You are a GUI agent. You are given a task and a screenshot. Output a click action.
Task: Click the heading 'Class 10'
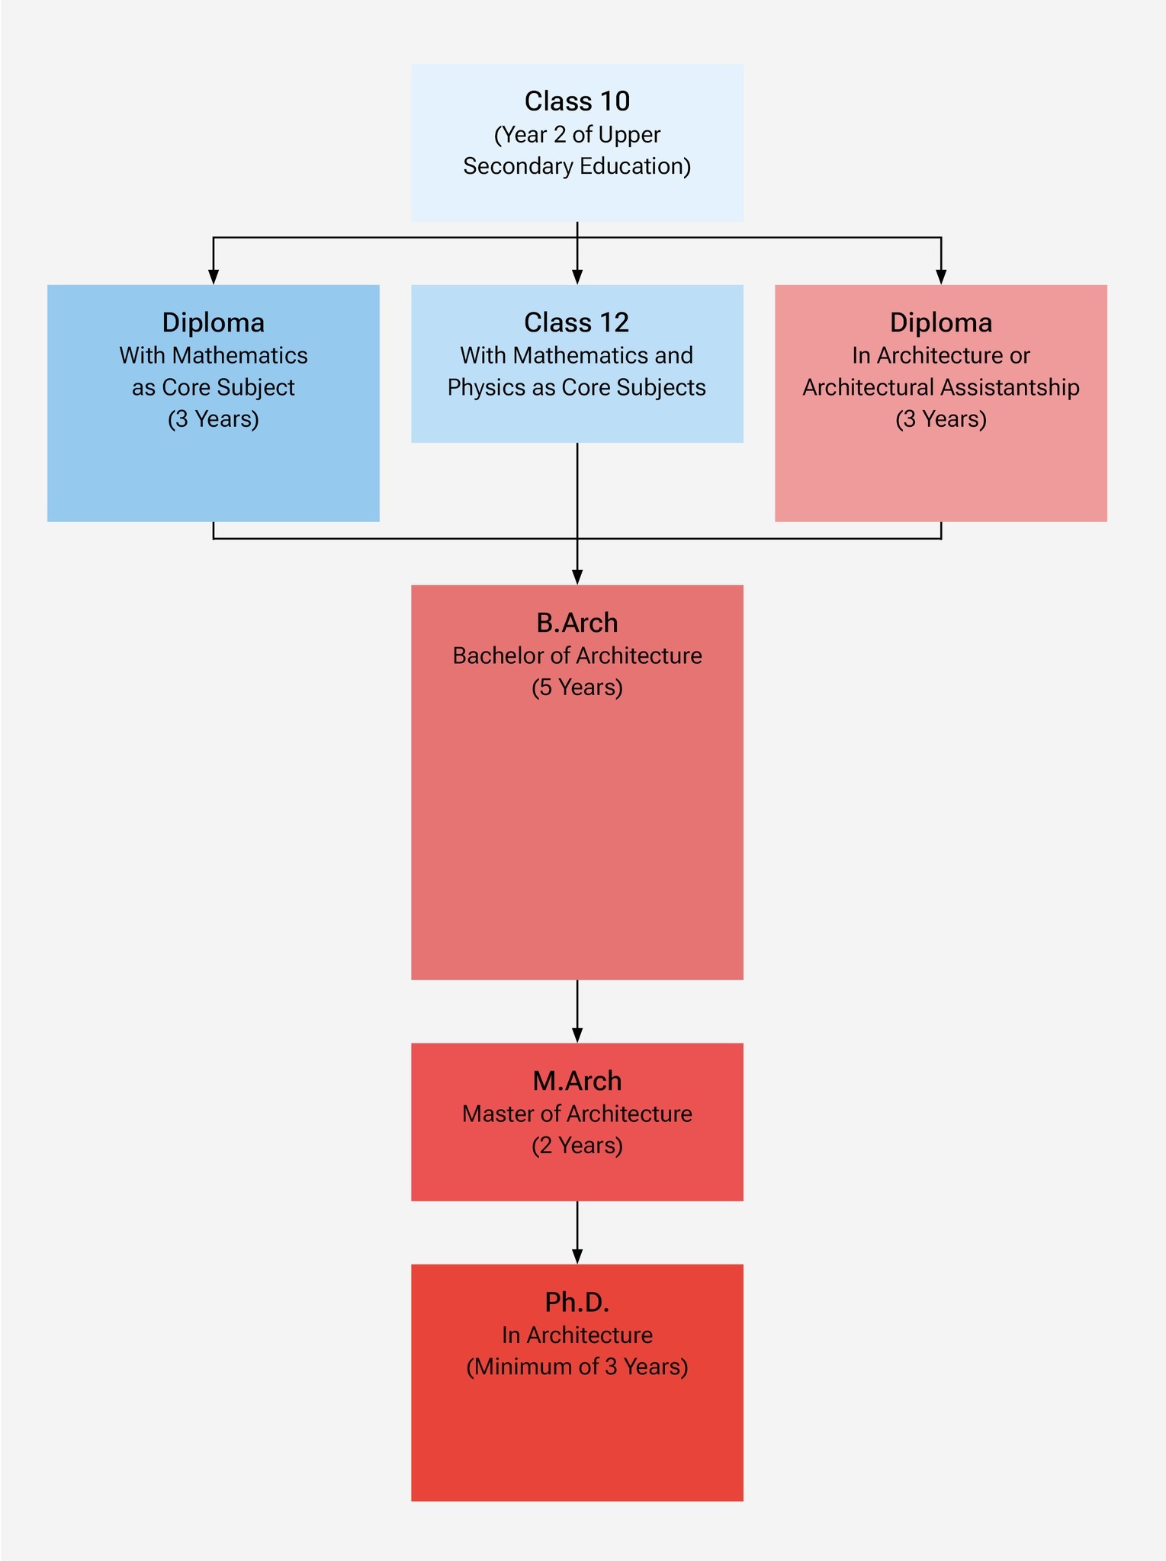[x=577, y=101]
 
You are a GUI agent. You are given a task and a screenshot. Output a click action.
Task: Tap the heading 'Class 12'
[x=577, y=322]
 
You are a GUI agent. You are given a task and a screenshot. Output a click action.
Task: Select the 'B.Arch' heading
[x=577, y=623]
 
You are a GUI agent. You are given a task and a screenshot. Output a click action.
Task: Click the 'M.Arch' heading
[x=577, y=1081]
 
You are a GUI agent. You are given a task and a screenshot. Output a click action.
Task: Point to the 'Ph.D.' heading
[x=577, y=1302]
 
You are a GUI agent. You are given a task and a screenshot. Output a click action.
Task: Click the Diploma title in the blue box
[x=214, y=322]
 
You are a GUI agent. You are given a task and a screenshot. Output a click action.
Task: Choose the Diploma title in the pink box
[x=941, y=322]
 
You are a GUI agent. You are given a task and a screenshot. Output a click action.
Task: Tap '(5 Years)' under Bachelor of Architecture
[x=577, y=688]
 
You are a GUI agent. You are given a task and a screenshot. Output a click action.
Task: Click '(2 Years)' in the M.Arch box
[x=577, y=1146]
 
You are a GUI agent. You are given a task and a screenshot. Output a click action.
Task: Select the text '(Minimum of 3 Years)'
[x=577, y=1367]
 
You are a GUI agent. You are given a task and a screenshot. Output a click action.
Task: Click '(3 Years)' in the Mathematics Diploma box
[x=214, y=419]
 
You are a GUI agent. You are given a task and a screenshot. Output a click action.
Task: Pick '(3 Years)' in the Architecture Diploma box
[x=941, y=419]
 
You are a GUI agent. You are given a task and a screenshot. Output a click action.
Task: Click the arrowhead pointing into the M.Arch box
[x=577, y=1034]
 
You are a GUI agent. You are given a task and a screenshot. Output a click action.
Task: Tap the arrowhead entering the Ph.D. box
[x=577, y=1255]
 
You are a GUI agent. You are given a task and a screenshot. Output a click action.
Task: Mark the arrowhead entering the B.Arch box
[x=577, y=576]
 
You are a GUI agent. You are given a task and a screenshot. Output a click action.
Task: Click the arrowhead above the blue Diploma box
[x=214, y=276]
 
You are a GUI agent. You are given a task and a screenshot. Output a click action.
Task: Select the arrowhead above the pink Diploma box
[x=941, y=276]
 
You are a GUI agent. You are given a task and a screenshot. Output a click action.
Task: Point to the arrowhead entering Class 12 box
[x=577, y=276]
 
